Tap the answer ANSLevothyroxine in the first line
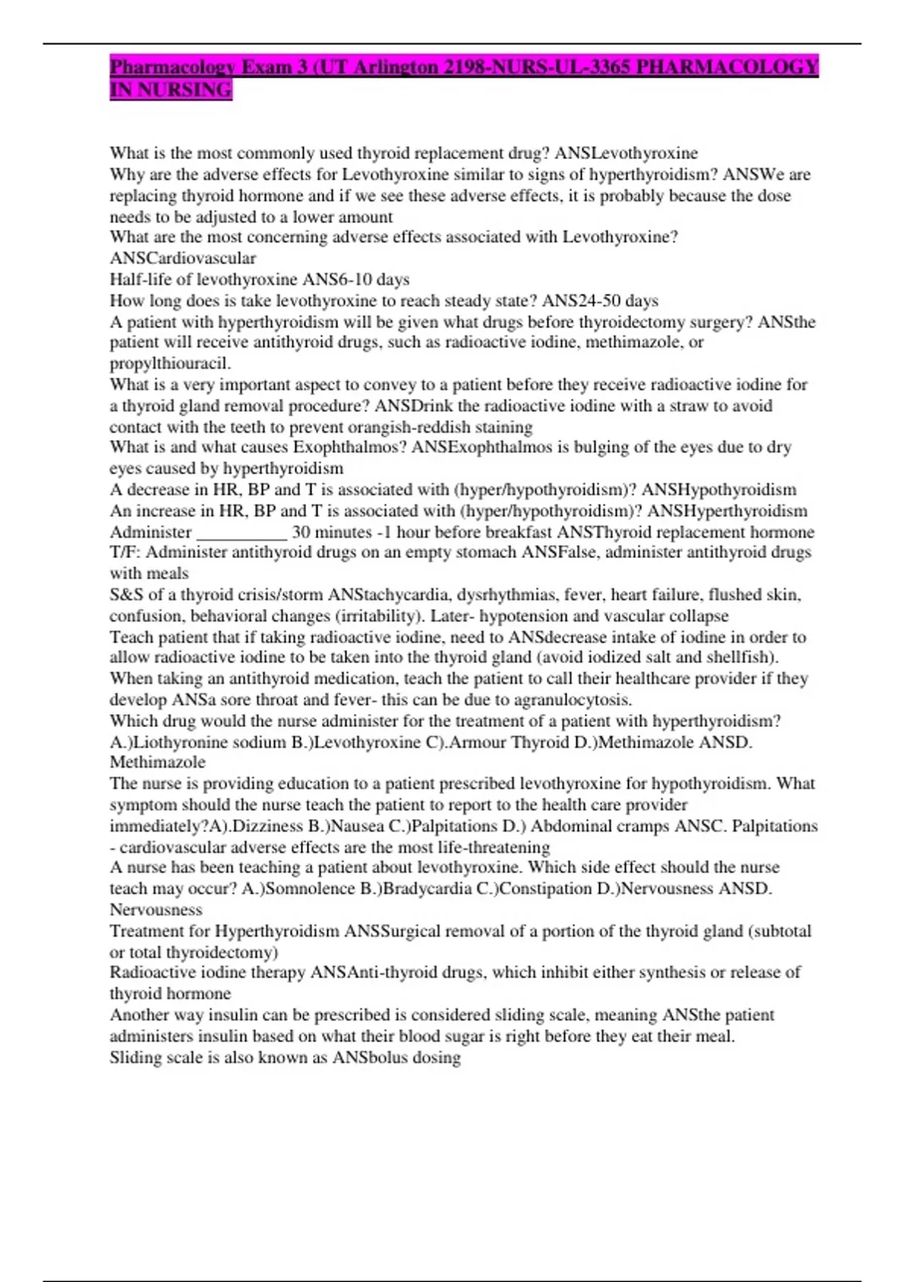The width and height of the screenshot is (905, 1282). (626, 153)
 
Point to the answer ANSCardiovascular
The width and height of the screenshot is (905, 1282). (183, 258)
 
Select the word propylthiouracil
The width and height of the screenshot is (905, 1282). (170, 363)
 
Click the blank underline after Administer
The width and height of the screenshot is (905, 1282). (241, 532)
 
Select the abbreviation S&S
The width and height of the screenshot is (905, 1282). (126, 594)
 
